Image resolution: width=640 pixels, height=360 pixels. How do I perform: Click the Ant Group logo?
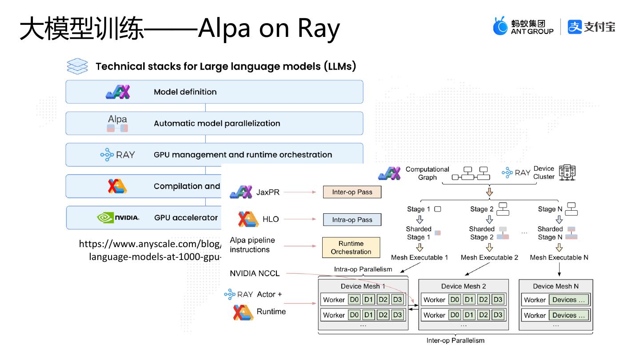coord(523,26)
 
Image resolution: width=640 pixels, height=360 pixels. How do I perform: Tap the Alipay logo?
coord(592,27)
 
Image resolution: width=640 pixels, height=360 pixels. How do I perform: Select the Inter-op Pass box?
coord(352,192)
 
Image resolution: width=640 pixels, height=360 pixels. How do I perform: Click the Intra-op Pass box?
coord(352,220)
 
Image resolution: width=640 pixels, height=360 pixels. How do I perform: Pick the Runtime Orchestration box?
coord(351,248)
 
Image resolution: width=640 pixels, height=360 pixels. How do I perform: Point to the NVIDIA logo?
coord(118,218)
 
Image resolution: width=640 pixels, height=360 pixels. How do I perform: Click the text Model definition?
coord(185,92)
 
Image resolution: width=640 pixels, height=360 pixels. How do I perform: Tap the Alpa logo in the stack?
coord(117,123)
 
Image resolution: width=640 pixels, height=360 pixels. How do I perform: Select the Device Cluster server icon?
coord(567,172)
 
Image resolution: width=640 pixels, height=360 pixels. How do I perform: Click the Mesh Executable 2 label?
coord(489,257)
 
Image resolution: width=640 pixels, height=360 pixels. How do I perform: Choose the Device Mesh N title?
coord(556,286)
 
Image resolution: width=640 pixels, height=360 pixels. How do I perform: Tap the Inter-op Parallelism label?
coord(456,340)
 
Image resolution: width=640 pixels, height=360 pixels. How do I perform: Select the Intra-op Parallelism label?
coord(363,269)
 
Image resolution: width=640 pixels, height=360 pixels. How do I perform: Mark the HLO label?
coord(271,220)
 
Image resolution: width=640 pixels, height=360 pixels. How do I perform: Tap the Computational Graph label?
coord(427,173)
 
